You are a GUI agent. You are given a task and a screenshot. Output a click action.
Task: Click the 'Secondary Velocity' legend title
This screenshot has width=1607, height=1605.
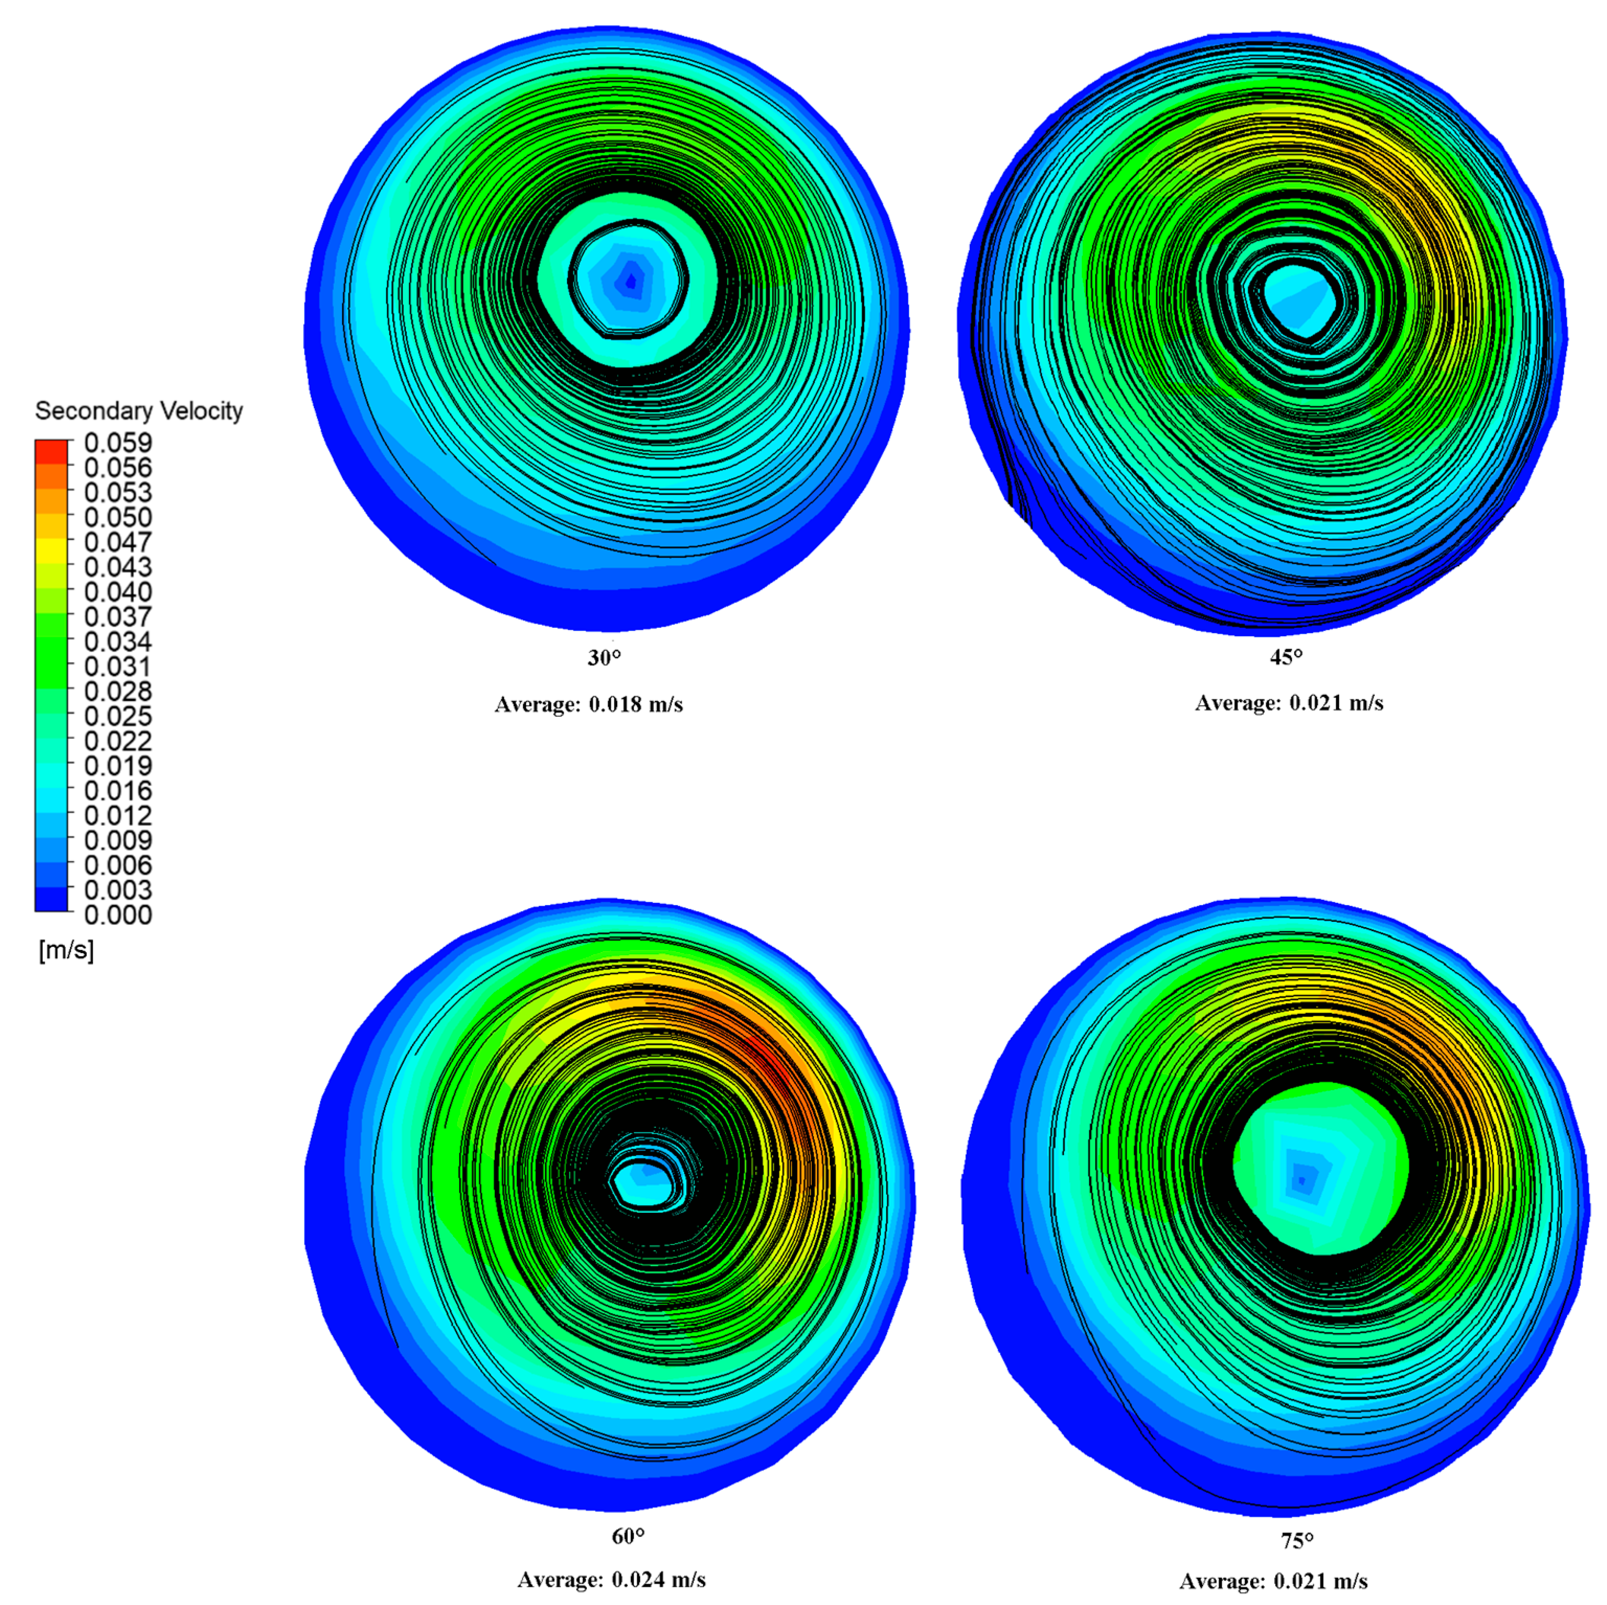(139, 411)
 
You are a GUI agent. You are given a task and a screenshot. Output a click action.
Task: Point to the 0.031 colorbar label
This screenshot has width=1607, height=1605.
(118, 666)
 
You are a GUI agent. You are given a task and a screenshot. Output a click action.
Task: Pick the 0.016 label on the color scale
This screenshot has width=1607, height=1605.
(118, 790)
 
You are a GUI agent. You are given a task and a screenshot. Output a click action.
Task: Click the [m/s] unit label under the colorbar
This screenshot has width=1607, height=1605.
(66, 950)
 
